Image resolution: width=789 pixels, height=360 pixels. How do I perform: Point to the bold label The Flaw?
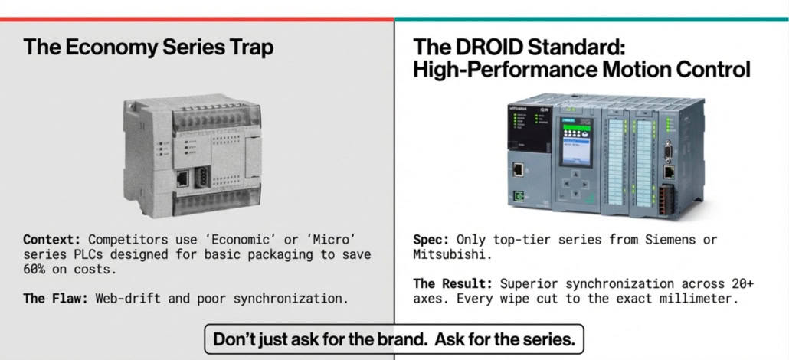tap(56, 299)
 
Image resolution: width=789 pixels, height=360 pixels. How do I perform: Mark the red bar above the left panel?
tap(197, 19)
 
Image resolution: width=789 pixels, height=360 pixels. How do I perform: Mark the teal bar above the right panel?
tap(591, 19)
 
